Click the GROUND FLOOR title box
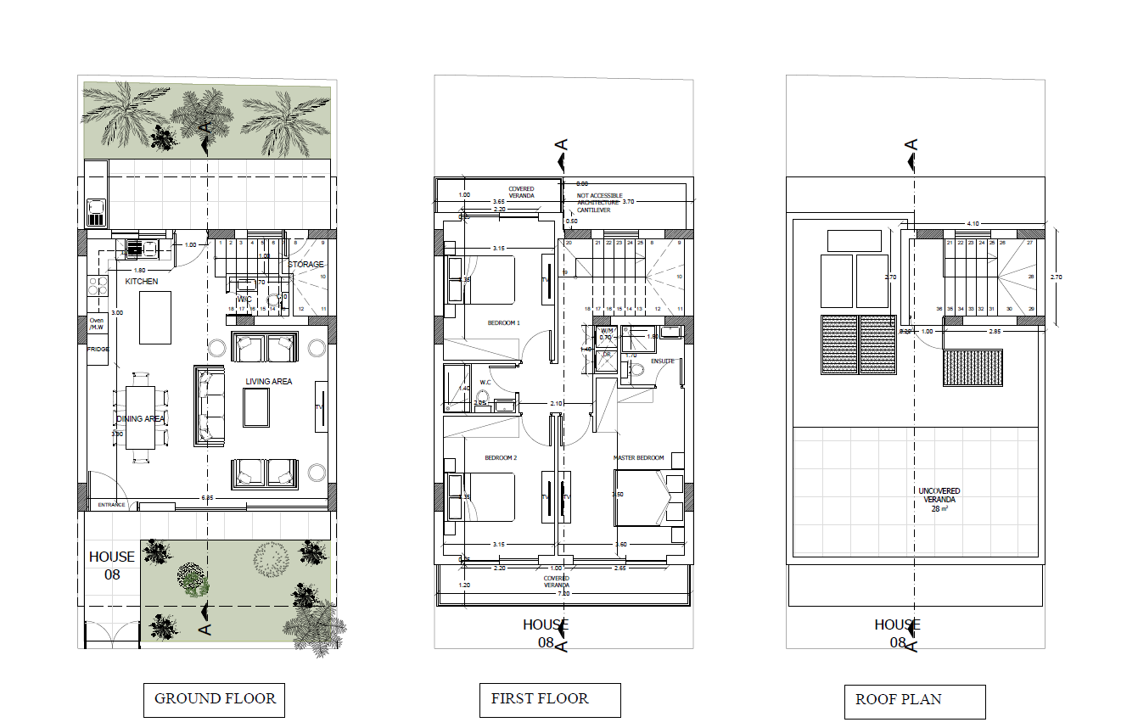[214, 700]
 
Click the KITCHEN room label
[142, 281]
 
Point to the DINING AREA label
[141, 419]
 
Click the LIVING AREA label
[269, 382]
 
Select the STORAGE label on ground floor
[306, 265]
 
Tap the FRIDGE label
[98, 349]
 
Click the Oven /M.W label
[96, 324]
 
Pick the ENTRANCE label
[111, 505]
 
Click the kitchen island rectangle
[155, 317]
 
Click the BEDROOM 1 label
[503, 323]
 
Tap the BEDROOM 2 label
[501, 458]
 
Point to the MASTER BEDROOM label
[638, 458]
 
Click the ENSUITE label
[663, 361]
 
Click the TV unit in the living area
[321, 407]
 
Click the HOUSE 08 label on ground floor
[112, 565]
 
